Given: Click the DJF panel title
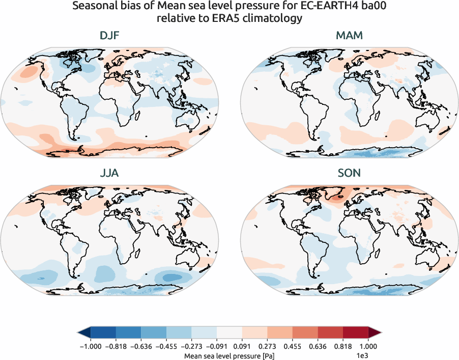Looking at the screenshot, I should click(x=110, y=36).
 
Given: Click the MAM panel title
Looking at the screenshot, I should click(x=349, y=36).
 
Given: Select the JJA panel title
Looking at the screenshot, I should click(x=110, y=173).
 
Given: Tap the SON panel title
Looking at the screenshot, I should click(x=349, y=173).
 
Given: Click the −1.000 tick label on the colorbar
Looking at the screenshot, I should click(x=90, y=345).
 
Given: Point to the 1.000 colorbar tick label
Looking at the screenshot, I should click(x=368, y=345).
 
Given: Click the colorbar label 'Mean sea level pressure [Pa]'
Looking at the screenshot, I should click(x=229, y=354).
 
